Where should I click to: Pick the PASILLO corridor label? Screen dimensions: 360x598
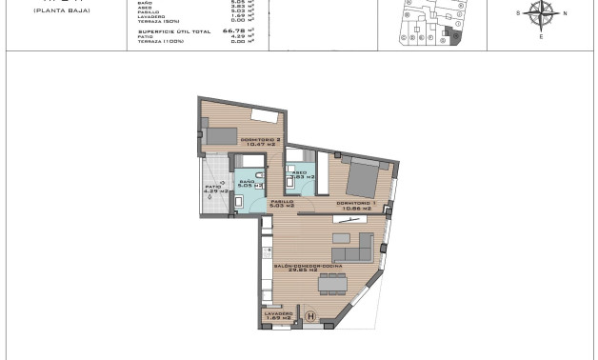click(x=281, y=202)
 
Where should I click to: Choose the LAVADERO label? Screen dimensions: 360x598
click(x=279, y=313)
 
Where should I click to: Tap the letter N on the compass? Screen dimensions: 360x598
click(x=564, y=13)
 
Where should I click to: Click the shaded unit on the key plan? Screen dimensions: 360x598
click(x=453, y=36)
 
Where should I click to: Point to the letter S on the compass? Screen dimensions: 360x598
click(x=519, y=13)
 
